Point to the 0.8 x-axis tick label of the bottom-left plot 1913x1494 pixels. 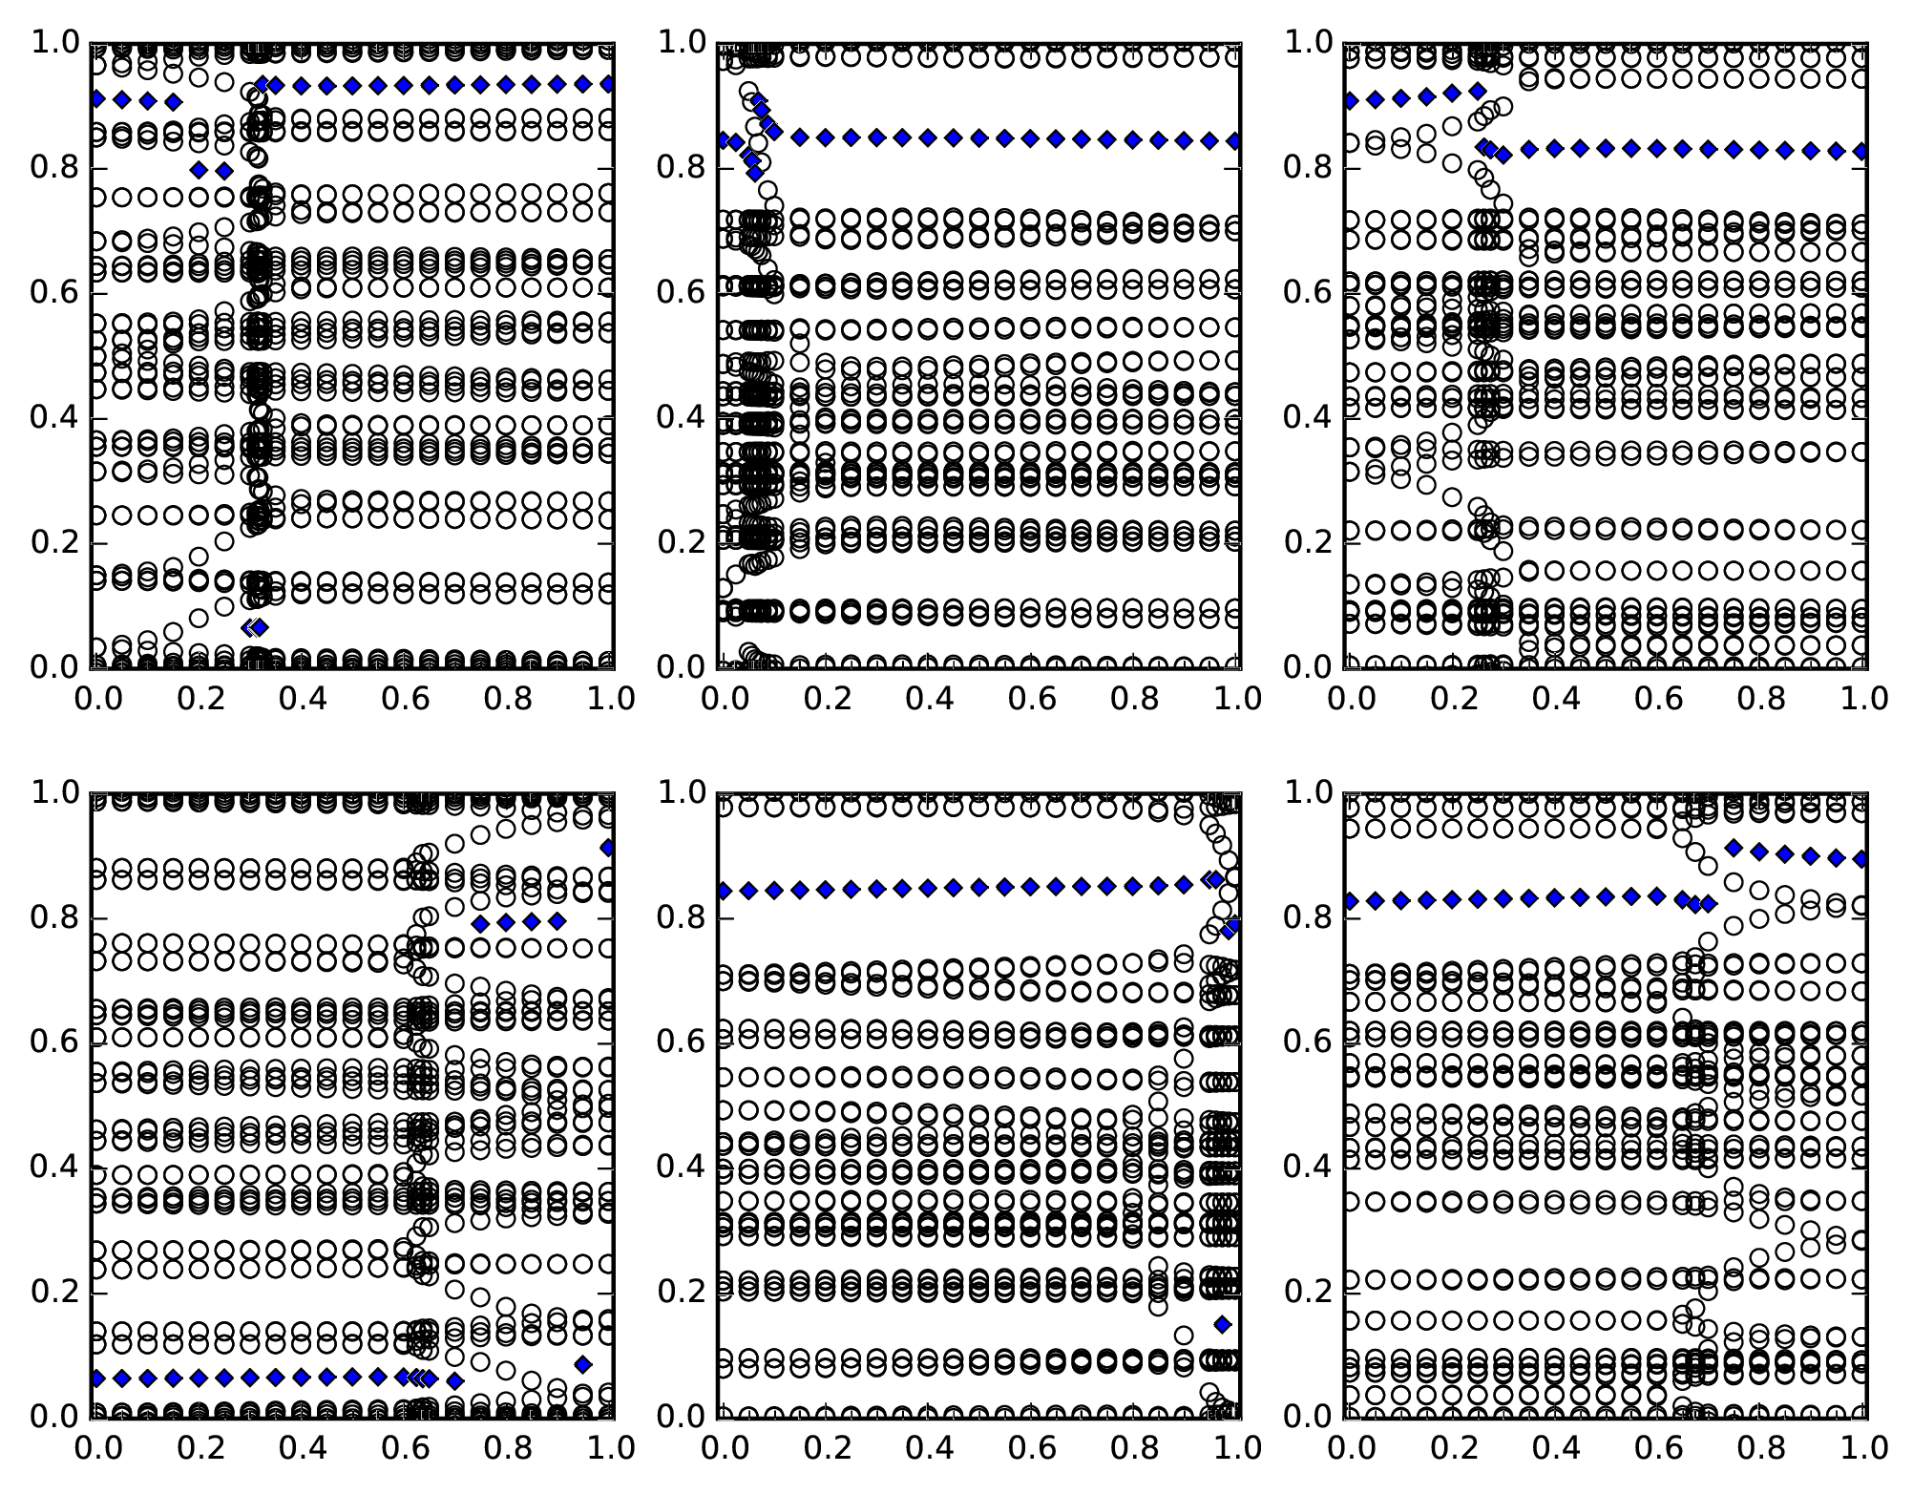[507, 1448]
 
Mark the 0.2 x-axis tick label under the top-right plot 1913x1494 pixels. [1452, 699]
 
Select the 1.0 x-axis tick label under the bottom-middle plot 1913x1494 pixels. [1234, 1448]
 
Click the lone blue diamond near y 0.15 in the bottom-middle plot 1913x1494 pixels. [1223, 1324]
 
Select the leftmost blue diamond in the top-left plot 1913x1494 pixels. [96, 99]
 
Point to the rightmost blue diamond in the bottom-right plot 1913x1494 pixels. [1861, 859]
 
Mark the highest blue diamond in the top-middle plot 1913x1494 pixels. [758, 101]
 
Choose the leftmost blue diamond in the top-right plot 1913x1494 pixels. [1350, 101]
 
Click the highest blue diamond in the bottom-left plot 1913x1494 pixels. [607, 848]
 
